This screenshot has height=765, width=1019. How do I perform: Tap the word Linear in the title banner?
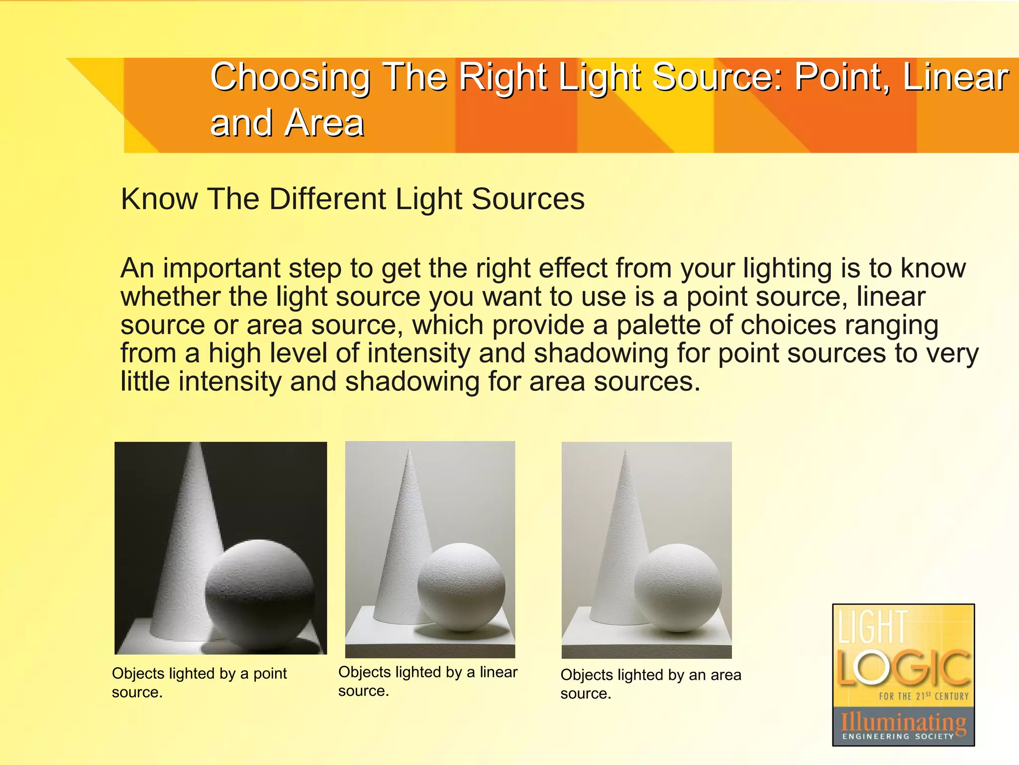coord(955,78)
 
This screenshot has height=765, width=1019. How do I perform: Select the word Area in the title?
coord(325,123)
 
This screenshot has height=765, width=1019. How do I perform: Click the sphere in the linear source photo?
coord(461,587)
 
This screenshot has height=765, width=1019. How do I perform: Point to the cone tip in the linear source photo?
coord(409,451)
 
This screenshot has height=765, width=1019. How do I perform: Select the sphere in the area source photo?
coord(678,588)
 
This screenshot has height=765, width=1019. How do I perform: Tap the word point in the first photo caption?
coord(270,674)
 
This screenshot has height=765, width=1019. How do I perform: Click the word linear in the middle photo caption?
coord(498,672)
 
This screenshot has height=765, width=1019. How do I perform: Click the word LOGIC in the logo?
coord(903,667)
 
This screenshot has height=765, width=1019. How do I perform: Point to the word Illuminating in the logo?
coord(903,721)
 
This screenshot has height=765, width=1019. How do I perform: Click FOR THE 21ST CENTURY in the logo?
coord(923,696)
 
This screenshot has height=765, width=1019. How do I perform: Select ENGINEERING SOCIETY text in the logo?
coord(898,736)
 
